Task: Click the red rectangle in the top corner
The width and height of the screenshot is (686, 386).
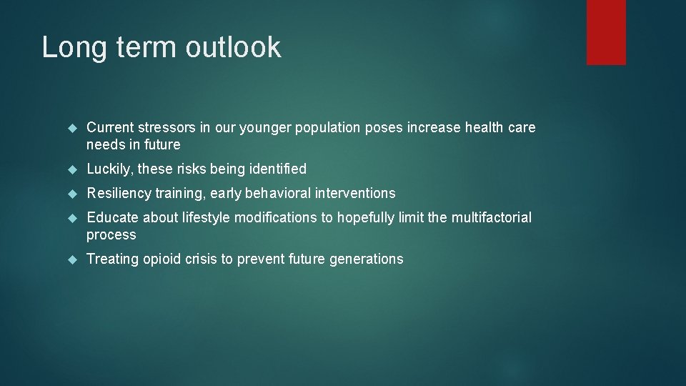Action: point(606,32)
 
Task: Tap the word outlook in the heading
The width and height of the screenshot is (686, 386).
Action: point(233,47)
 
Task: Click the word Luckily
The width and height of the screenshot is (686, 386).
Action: point(108,169)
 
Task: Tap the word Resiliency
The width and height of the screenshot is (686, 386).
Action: point(119,193)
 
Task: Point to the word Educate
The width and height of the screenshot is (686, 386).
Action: point(112,217)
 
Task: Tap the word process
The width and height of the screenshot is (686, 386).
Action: point(111,235)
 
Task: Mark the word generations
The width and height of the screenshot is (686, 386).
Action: point(366,259)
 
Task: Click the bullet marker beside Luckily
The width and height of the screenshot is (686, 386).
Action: point(71,169)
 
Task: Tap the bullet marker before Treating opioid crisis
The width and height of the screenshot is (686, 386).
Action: point(71,259)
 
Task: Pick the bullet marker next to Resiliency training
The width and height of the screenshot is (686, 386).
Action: point(71,194)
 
